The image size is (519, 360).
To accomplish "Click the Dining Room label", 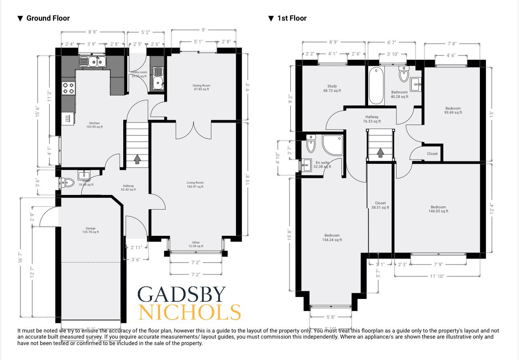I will click(x=201, y=87).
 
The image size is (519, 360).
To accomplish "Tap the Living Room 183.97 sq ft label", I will click(x=195, y=185).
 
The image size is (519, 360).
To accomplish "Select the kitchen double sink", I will click(x=93, y=61).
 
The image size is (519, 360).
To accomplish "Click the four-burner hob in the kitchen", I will click(x=68, y=88).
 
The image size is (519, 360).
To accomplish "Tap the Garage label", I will click(x=90, y=230).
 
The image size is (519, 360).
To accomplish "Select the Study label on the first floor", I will click(x=332, y=88).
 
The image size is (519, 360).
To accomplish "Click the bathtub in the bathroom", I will click(x=376, y=86).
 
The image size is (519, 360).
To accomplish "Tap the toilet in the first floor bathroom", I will click(x=404, y=74).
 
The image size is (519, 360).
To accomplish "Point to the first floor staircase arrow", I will click(x=380, y=152).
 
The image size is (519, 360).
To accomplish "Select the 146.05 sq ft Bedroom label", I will click(x=438, y=209).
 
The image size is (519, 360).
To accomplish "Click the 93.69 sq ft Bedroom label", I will click(x=453, y=110).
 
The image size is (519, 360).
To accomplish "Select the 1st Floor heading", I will click(x=291, y=18).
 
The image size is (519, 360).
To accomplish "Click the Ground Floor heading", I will click(x=48, y=18).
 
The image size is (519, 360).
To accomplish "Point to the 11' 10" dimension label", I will click(x=437, y=276).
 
